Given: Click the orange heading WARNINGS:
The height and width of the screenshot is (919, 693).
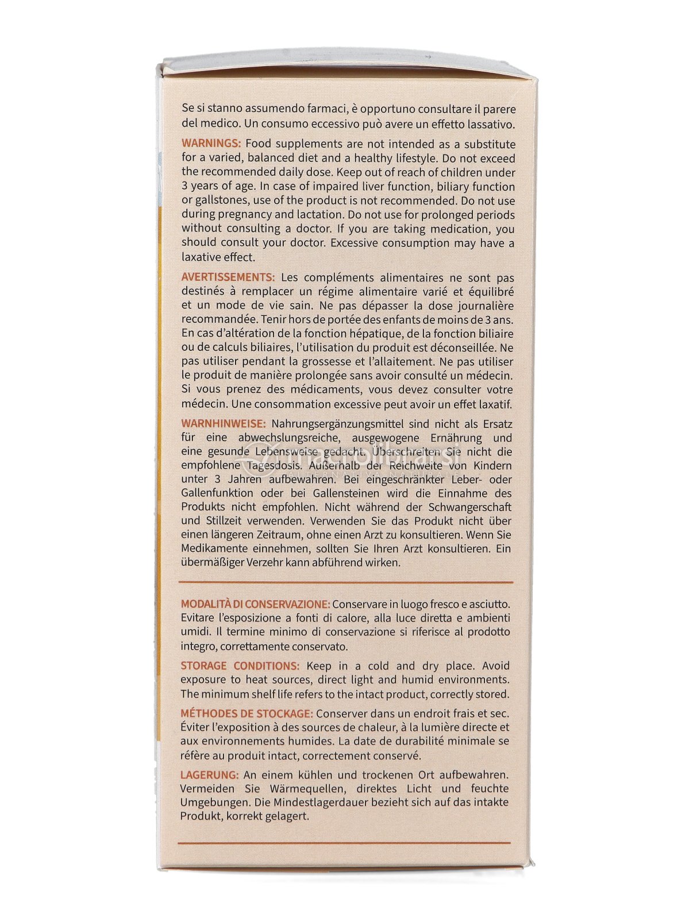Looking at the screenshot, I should (x=211, y=144).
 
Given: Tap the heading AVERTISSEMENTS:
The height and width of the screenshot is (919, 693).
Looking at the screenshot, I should (x=228, y=277).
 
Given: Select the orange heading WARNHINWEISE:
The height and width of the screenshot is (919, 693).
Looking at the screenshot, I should (x=223, y=424).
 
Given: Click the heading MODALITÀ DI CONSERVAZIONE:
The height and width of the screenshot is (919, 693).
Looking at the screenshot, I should (x=255, y=604).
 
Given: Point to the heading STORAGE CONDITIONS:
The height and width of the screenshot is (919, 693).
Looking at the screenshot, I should (x=240, y=666).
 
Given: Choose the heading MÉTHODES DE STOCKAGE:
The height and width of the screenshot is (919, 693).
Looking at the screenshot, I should (x=247, y=713).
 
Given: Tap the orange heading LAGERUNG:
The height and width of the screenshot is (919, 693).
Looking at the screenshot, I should (x=209, y=775).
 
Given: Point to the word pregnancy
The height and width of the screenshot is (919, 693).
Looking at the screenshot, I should (x=255, y=215).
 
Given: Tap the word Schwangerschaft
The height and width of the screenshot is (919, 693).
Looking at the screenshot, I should (x=469, y=507).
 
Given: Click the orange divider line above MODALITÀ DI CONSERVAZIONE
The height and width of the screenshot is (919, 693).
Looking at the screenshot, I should (x=345, y=582).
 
